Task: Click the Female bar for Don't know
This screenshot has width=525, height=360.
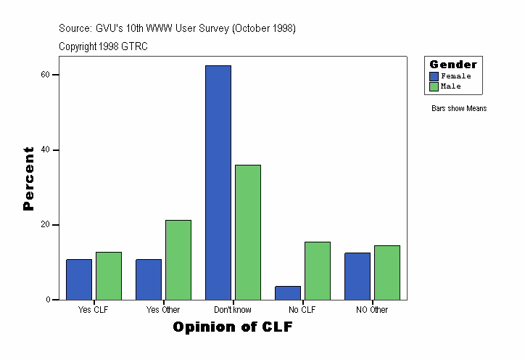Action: (218, 182)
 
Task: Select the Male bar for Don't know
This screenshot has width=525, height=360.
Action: (248, 232)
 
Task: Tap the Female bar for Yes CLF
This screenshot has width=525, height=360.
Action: (79, 279)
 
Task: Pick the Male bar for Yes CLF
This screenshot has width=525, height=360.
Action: (109, 276)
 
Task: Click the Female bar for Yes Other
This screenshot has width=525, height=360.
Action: (149, 279)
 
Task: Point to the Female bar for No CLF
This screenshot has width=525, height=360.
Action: (288, 292)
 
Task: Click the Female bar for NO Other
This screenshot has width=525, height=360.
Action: (357, 277)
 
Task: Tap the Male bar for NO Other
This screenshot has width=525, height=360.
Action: (387, 273)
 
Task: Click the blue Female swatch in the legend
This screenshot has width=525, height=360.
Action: (434, 76)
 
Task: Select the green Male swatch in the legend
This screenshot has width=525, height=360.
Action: (434, 86)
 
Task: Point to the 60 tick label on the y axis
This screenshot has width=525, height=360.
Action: (44, 75)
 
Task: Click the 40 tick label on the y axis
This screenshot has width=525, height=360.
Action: (44, 150)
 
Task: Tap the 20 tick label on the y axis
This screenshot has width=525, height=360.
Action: (44, 225)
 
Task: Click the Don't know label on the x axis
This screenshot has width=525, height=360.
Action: (233, 310)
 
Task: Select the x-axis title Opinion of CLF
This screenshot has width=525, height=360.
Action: (233, 327)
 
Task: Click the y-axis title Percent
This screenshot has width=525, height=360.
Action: (28, 179)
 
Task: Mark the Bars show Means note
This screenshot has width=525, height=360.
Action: (459, 109)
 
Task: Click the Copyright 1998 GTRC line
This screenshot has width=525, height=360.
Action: (103, 46)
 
